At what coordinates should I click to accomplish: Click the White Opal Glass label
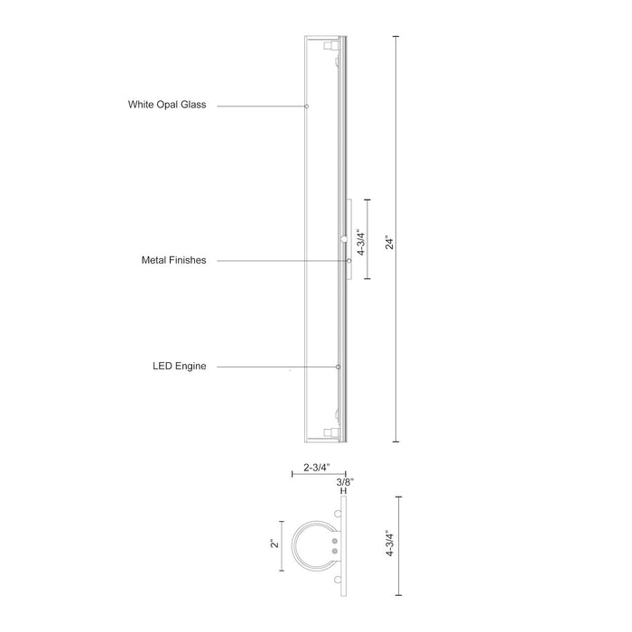167,106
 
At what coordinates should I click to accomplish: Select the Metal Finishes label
174,260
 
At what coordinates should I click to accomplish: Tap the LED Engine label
180,367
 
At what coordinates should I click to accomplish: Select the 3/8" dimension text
345,483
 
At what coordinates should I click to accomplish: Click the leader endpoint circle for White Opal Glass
307,107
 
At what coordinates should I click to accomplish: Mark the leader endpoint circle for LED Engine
338,367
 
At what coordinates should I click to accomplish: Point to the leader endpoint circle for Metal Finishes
349,260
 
